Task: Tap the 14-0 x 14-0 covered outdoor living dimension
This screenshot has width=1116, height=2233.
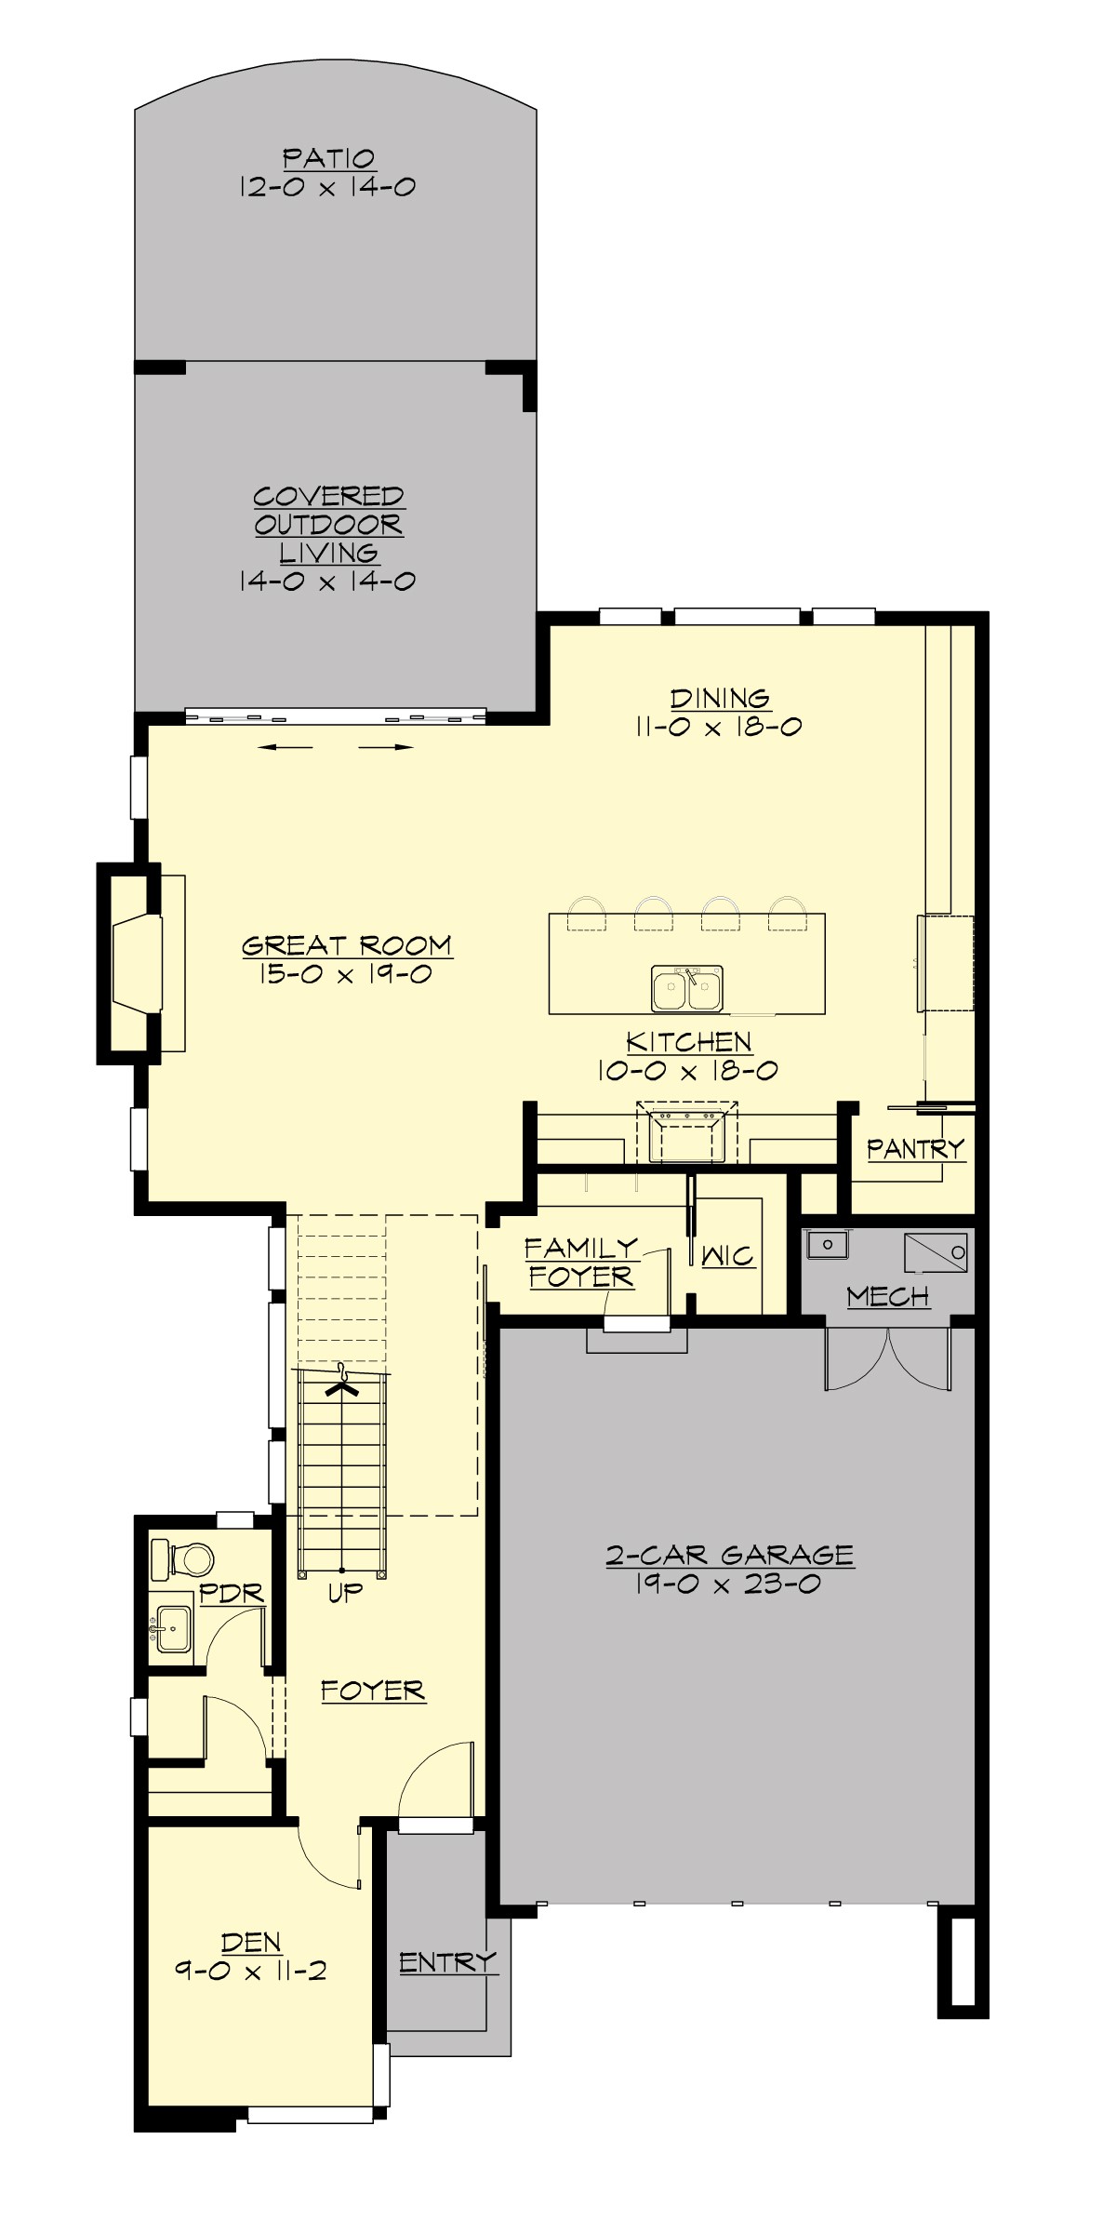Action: coord(326,582)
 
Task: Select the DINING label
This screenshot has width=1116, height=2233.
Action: coord(720,698)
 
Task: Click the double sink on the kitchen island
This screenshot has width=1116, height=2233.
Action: coord(687,988)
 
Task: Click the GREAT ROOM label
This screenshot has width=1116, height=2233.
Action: coord(346,945)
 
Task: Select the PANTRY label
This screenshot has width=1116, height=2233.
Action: coord(915,1149)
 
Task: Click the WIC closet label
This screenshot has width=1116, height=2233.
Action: coord(727,1256)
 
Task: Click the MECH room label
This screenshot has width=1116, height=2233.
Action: coord(887,1296)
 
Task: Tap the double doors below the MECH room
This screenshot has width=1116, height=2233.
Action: coord(888,1358)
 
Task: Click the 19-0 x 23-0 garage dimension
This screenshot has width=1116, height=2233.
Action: coord(728,1584)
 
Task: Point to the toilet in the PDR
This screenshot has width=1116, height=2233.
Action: coord(184,1558)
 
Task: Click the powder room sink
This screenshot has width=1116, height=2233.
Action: coord(173,1629)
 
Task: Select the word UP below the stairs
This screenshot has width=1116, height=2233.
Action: coord(344,1594)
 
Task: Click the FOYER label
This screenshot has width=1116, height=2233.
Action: coord(373,1691)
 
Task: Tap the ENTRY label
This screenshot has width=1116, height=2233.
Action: coord(447,1962)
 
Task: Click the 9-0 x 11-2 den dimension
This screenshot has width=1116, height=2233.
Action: coord(251,1971)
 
